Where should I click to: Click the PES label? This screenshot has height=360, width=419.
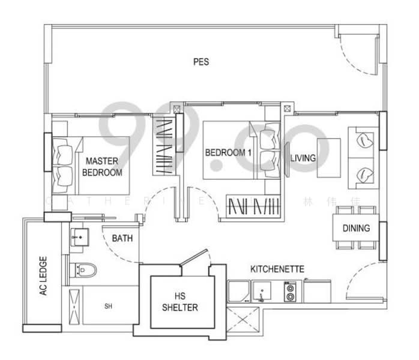200,62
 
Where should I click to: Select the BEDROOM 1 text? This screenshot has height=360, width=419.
228,153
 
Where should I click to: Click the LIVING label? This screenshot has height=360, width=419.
303,158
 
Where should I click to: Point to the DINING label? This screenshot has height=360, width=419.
356,229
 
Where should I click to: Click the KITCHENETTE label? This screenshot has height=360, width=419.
277,269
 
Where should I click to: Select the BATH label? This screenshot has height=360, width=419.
122,238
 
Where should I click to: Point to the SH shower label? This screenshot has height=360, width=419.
108,307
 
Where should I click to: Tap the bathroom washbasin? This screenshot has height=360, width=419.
79,239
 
